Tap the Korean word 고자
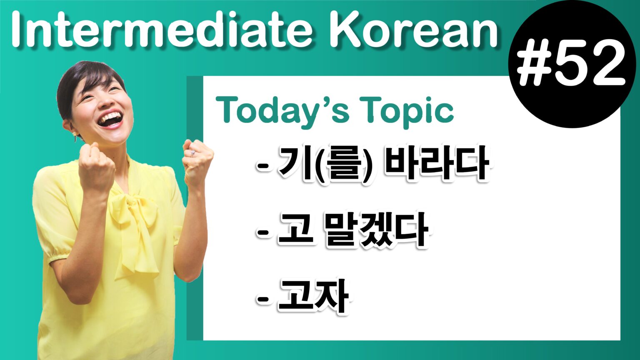(x=313, y=297)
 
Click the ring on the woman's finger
(x=192, y=153)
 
